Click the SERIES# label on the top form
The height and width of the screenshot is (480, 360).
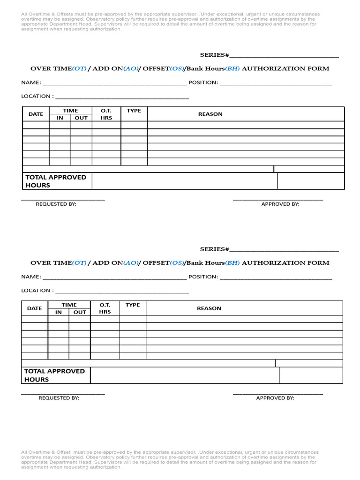214,55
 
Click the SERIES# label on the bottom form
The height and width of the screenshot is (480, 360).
214,249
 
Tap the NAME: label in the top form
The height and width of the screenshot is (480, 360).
31,82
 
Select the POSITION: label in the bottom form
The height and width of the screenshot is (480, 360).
203,277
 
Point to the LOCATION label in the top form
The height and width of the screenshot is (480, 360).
37,96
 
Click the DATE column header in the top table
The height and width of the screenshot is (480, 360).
36,114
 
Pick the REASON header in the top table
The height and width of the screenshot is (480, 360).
210,114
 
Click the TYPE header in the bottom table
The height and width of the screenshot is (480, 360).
133,305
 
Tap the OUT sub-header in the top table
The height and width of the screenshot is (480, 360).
81,118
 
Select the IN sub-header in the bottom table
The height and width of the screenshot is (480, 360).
59,312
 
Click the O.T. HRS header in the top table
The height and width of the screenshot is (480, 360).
106,114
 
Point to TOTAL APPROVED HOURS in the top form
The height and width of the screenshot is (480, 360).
56,181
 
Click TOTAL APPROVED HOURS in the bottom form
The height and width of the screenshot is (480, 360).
54,375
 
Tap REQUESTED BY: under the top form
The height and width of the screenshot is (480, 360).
56,204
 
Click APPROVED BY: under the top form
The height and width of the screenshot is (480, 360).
280,204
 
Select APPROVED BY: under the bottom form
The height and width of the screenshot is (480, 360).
275,398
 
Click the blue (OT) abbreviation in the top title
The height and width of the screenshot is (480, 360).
79,68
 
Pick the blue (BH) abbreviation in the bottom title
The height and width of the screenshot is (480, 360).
232,263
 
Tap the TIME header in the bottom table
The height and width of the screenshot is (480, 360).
69,305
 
